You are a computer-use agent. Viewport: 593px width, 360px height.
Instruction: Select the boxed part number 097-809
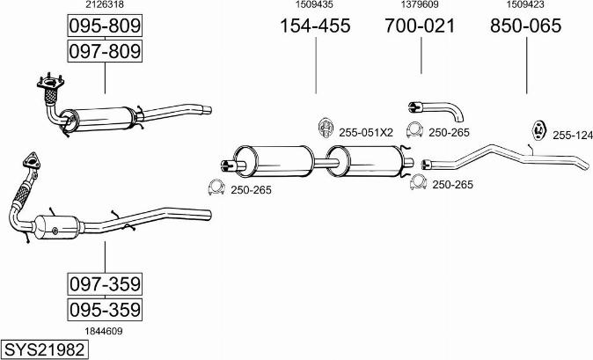(x=105, y=52)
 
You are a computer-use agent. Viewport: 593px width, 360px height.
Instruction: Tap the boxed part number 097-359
(x=105, y=283)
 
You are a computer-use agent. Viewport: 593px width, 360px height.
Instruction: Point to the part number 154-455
(x=315, y=26)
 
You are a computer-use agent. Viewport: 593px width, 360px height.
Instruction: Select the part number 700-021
(x=421, y=26)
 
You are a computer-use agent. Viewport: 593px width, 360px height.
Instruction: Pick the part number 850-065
(x=526, y=26)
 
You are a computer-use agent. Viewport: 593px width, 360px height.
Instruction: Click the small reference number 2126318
(x=104, y=5)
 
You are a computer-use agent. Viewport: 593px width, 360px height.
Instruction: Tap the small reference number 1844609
(x=104, y=331)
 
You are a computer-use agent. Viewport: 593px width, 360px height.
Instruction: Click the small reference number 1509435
(x=314, y=5)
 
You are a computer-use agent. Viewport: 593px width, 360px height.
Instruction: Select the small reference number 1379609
(x=420, y=5)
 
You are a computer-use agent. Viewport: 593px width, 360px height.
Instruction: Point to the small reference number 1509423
(x=526, y=5)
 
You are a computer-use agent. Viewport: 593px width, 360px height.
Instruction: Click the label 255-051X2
(x=365, y=133)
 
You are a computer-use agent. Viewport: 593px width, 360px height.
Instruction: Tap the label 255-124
(x=572, y=136)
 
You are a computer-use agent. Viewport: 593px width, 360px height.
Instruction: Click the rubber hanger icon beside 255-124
(x=535, y=130)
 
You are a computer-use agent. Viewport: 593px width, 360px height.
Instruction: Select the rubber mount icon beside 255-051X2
(x=324, y=129)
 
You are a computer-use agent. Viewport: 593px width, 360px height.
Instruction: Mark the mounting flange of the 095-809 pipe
(x=48, y=84)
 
